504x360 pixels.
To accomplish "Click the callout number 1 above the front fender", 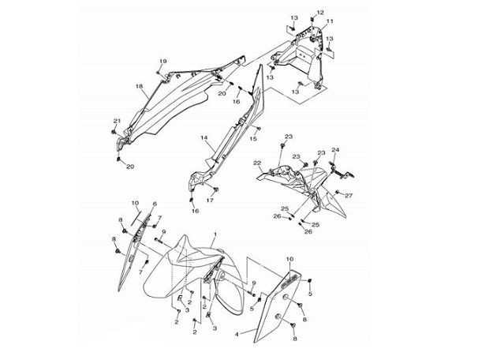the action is point(215,234).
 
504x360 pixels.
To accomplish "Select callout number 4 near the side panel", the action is point(237,334).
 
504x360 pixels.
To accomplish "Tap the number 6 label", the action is point(155,204).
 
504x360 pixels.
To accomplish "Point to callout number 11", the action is point(330,21).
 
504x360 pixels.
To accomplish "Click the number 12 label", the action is point(320,13).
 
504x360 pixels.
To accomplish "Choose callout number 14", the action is point(205,137).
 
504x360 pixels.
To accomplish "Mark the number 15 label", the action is point(254,139).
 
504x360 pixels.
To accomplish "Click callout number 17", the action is point(210,201).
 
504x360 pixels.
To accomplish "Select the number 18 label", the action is point(139,86).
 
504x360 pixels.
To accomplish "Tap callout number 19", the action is point(163,61).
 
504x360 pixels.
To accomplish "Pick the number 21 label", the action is point(117,121).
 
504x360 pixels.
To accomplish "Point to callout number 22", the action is point(257,163).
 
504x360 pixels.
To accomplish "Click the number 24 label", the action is point(335,150).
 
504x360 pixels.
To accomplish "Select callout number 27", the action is point(349,196).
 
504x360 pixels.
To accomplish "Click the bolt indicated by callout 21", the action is point(114,132).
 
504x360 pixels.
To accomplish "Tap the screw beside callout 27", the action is point(337,193).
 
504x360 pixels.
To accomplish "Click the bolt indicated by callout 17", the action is point(215,189).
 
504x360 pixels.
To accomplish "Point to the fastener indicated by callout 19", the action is point(159,73).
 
